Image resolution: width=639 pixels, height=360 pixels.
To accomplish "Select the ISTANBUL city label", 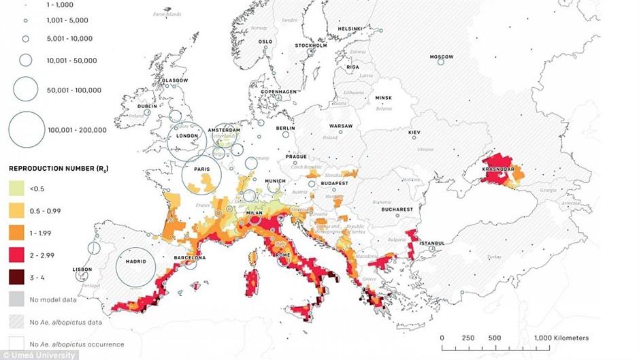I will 431,243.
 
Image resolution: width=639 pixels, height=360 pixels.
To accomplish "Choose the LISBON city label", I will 82,269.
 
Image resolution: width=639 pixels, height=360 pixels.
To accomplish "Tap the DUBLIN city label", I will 147,106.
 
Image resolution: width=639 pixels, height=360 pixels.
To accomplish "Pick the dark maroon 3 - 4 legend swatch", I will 17,278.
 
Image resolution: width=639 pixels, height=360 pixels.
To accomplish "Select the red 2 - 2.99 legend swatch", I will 17,255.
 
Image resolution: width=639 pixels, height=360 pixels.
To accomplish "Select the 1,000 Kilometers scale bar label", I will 561,338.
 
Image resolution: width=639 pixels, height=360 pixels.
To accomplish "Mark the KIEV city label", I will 414,132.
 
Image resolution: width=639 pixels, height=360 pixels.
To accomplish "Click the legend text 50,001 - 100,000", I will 74,90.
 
